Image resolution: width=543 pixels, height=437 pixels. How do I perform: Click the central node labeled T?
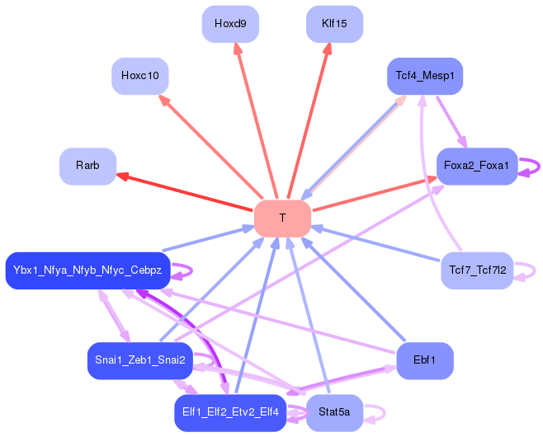[x=282, y=218]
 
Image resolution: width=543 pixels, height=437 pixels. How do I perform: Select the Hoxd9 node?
[x=230, y=24]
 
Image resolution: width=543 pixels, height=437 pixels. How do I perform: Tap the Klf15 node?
[x=334, y=24]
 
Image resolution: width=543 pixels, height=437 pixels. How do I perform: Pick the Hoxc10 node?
[x=139, y=76]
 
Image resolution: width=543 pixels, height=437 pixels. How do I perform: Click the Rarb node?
[x=87, y=166]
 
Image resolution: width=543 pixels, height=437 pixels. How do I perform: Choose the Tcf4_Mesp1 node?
[x=425, y=76]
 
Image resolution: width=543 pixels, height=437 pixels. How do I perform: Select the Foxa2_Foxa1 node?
[x=476, y=167]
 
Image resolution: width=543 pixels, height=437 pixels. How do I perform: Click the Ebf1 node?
[x=425, y=360]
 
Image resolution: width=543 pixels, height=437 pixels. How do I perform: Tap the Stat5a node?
[x=334, y=411]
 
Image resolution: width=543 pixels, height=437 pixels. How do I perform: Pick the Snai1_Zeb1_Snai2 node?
[x=139, y=360]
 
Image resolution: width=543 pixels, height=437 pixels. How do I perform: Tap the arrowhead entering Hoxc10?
[x=163, y=98]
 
